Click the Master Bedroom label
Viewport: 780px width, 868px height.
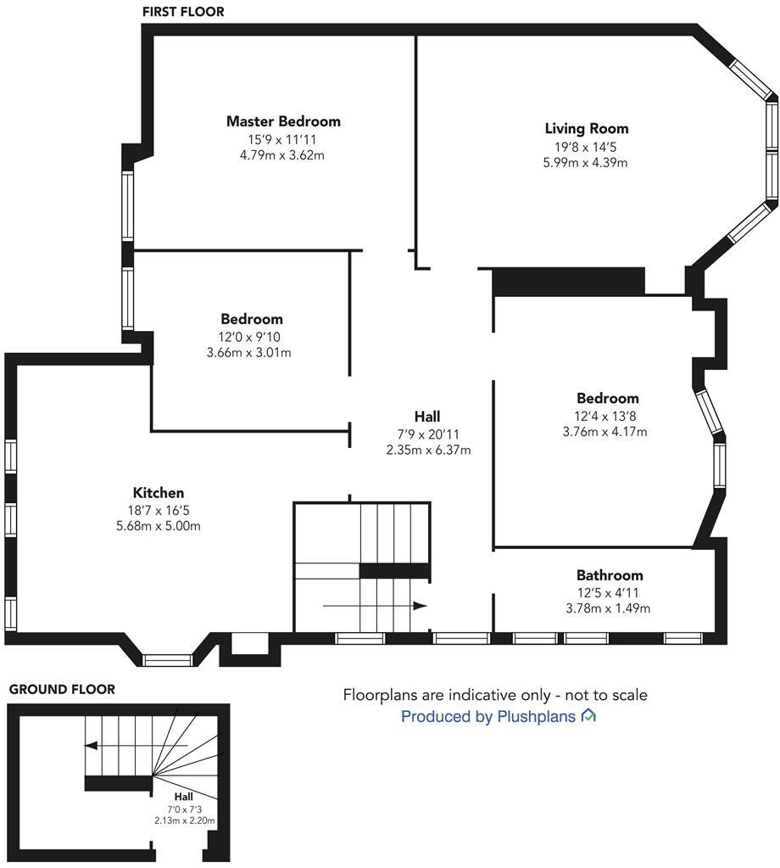[283, 121]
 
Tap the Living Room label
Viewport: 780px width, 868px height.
[586, 129]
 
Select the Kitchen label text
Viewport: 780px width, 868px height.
[159, 493]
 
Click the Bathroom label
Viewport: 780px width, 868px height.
[610, 575]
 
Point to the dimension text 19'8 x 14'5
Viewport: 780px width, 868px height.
[586, 146]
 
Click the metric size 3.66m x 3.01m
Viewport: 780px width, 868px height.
[248, 352]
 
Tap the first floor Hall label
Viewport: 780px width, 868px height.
[427, 417]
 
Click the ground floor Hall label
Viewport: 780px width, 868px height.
[184, 797]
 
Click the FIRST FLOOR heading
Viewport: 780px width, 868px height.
[183, 12]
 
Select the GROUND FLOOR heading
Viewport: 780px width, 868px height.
[62, 690]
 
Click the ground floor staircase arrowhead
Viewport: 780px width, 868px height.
[91, 746]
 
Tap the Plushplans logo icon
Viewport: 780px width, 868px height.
[588, 716]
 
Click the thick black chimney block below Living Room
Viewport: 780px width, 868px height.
[568, 282]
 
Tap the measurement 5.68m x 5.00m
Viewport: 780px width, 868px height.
[159, 526]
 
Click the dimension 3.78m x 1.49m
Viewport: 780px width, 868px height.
[610, 608]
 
